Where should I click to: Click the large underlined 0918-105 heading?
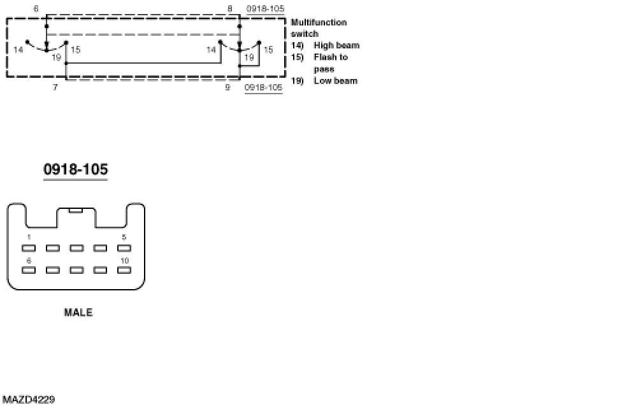pyautogui.click(x=75, y=169)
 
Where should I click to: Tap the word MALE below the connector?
pyautogui.click(x=78, y=313)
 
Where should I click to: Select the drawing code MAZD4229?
pyautogui.click(x=28, y=399)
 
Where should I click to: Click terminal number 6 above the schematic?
pyautogui.click(x=36, y=9)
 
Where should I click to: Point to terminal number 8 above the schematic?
pyautogui.click(x=229, y=9)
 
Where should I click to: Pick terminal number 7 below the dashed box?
pyautogui.click(x=55, y=87)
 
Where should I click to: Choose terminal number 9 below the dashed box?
pyautogui.click(x=227, y=87)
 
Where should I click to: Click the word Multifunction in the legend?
pyautogui.click(x=319, y=22)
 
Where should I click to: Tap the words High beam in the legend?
pyautogui.click(x=336, y=46)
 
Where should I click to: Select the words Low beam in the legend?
pyautogui.click(x=335, y=81)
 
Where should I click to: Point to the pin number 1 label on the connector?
pyautogui.click(x=29, y=237)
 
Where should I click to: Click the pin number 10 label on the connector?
pyautogui.click(x=124, y=260)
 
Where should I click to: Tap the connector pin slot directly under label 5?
pyautogui.click(x=124, y=248)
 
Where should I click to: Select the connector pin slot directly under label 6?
pyautogui.click(x=29, y=270)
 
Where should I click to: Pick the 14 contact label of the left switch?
pyautogui.click(x=18, y=50)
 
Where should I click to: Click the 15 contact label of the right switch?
pyautogui.click(x=268, y=50)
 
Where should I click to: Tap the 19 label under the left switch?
pyautogui.click(x=56, y=58)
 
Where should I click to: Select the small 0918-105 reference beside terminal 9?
pyautogui.click(x=264, y=88)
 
